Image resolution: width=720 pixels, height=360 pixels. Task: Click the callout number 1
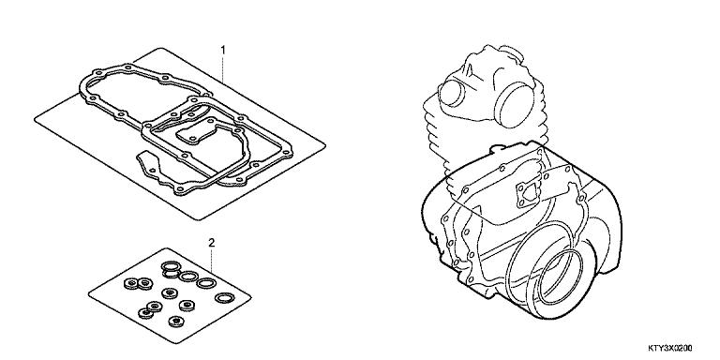[223, 50]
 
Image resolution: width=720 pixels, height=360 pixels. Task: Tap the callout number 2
[211, 243]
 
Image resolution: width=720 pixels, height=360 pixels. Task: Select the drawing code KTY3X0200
[670, 348]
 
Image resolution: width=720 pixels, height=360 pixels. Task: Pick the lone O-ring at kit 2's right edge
[225, 298]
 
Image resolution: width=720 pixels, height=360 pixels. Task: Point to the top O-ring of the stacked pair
[171, 266]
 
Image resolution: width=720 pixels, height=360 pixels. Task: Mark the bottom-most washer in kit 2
[175, 321]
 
